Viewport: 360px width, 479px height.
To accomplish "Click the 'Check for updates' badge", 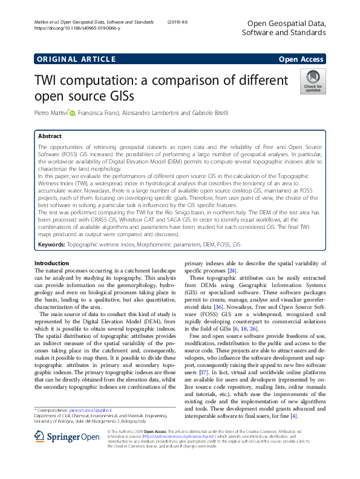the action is click(313, 81).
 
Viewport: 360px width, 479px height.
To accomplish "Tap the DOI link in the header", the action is click(71, 28).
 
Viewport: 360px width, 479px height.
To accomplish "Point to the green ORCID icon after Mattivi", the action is click(73, 112).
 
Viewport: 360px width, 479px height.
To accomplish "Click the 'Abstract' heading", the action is click(50, 136).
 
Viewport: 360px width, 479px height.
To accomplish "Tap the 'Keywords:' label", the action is click(51, 245).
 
